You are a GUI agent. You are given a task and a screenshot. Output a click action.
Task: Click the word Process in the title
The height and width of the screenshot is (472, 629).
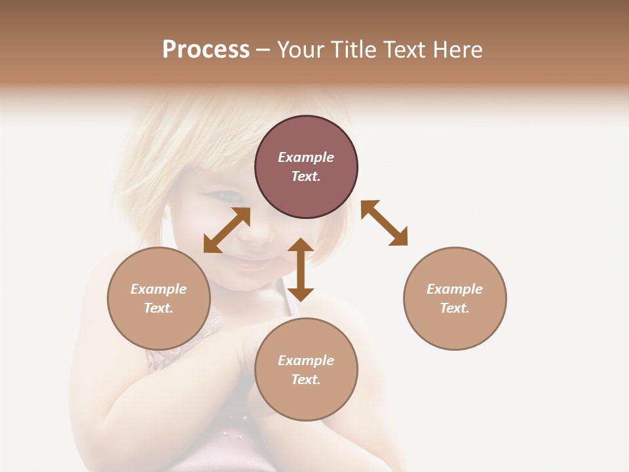206,50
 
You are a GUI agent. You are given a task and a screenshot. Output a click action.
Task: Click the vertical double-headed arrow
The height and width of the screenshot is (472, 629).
301,269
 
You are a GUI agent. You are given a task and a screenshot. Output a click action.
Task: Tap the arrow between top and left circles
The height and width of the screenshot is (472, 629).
227,230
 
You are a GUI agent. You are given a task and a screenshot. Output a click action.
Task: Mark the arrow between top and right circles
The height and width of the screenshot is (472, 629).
384,223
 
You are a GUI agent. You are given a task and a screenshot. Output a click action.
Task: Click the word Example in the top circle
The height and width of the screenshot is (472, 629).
306,157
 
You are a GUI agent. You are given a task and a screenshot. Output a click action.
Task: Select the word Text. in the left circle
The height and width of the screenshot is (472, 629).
159,308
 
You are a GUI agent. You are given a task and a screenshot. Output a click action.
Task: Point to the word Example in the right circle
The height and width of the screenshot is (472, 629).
455,289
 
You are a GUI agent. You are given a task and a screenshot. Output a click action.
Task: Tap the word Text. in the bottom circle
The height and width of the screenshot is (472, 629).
306,380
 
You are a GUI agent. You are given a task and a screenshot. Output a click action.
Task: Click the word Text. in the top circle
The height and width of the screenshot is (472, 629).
306,176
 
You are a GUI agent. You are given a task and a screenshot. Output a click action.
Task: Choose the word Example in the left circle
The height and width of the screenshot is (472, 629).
159,289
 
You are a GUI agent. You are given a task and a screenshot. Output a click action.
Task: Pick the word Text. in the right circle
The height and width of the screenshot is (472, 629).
455,308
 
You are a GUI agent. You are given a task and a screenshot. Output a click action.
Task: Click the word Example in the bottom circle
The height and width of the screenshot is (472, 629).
306,361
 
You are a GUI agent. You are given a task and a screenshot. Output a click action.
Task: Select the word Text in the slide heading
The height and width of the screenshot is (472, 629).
408,50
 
